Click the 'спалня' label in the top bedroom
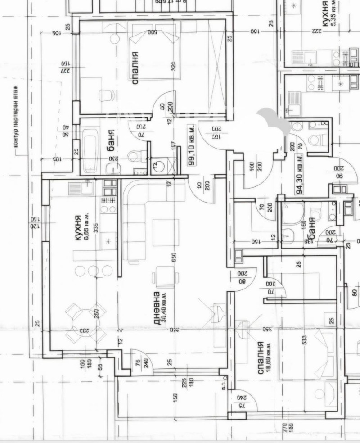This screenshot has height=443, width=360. tap(135, 68)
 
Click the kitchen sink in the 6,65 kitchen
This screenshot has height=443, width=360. tap(81, 189)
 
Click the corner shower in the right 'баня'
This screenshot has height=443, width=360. tap(292, 212)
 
